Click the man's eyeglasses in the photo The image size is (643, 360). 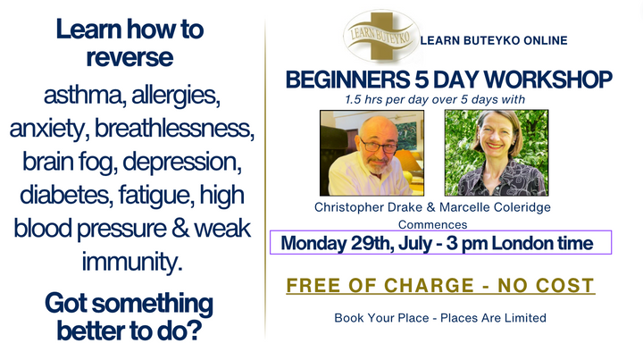point(375,144)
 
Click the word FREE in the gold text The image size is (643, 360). point(316,286)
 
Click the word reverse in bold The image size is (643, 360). point(129,57)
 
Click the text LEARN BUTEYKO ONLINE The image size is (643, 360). point(492,41)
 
